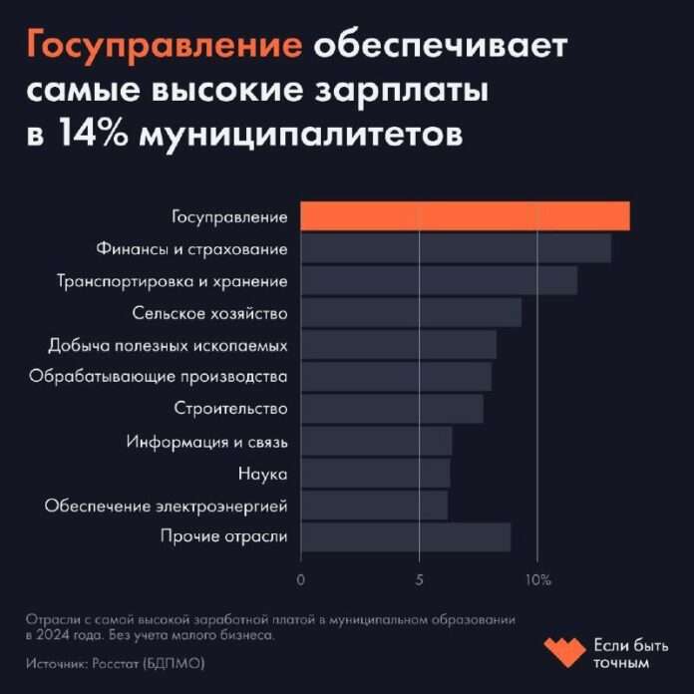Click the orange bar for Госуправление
465,216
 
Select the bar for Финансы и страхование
456,248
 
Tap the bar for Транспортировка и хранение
439,280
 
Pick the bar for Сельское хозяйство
411,313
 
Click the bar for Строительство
392,409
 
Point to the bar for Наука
375,473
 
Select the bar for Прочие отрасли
406,536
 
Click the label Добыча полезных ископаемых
168,345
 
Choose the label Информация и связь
206,441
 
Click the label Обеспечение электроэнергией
166,505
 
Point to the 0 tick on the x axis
301,577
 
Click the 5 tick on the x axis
420,577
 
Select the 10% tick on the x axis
537,577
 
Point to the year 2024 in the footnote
58,634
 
